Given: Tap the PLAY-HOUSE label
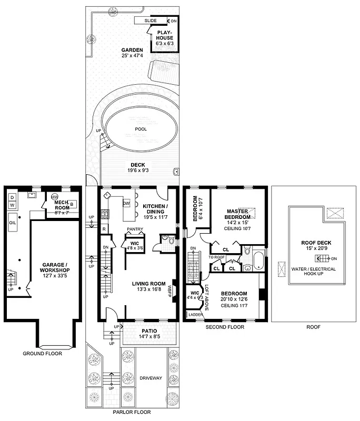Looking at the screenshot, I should point(165,35).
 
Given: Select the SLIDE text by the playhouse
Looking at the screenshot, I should point(144,21).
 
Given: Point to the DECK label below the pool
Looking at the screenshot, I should point(138,165).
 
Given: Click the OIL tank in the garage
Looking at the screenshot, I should point(13,222).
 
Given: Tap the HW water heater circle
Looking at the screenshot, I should point(54,197).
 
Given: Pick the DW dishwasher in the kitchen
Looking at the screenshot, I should point(126,203).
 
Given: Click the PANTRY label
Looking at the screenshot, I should point(135,229).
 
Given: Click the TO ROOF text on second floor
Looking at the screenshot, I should point(217,257).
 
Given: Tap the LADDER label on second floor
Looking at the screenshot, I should point(195,315).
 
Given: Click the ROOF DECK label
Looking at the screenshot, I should point(316,243).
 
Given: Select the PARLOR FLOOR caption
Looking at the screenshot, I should point(132,412).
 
